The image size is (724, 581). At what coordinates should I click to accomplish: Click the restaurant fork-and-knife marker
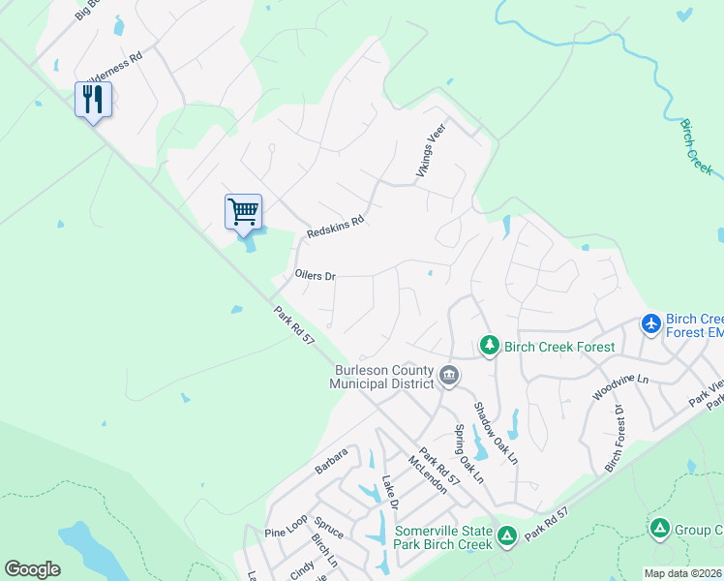[93, 100]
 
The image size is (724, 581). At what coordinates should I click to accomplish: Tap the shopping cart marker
[243, 210]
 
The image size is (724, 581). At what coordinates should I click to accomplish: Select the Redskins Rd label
[334, 228]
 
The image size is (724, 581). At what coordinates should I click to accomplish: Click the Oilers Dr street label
[315, 276]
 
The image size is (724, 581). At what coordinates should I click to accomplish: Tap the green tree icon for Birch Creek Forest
[490, 346]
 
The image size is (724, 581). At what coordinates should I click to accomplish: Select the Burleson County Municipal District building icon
[448, 375]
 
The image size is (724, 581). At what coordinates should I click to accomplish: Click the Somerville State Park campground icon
[505, 535]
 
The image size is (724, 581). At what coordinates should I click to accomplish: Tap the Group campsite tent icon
[659, 529]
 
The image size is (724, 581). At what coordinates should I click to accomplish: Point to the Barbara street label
[330, 462]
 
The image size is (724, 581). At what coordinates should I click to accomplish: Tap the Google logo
[32, 569]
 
